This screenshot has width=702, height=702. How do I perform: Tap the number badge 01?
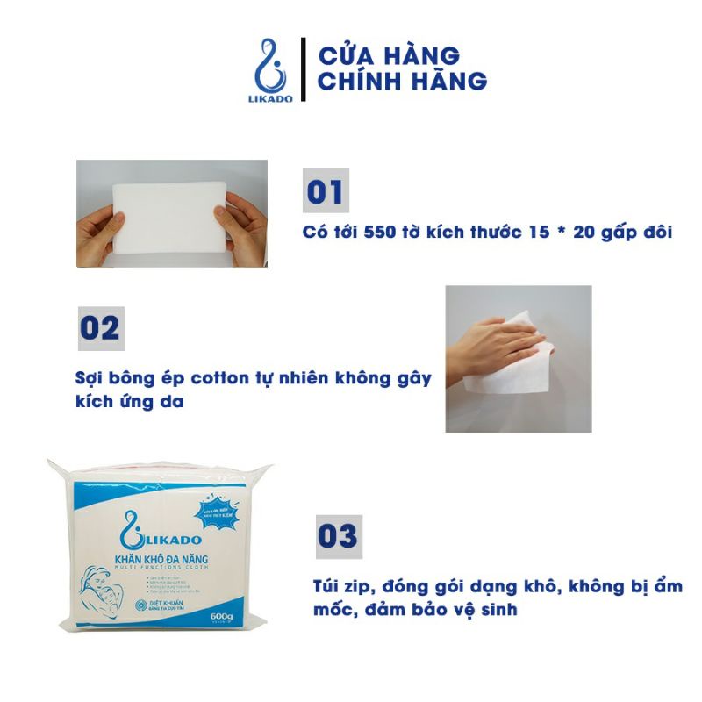pyautogui.click(x=326, y=191)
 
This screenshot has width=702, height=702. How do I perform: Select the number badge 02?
pyautogui.click(x=99, y=328)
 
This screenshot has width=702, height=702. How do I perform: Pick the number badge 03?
pyautogui.click(x=338, y=536)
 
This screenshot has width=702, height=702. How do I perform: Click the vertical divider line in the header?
pyautogui.click(x=303, y=69)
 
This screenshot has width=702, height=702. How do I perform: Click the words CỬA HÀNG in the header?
pyautogui.click(x=388, y=54)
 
